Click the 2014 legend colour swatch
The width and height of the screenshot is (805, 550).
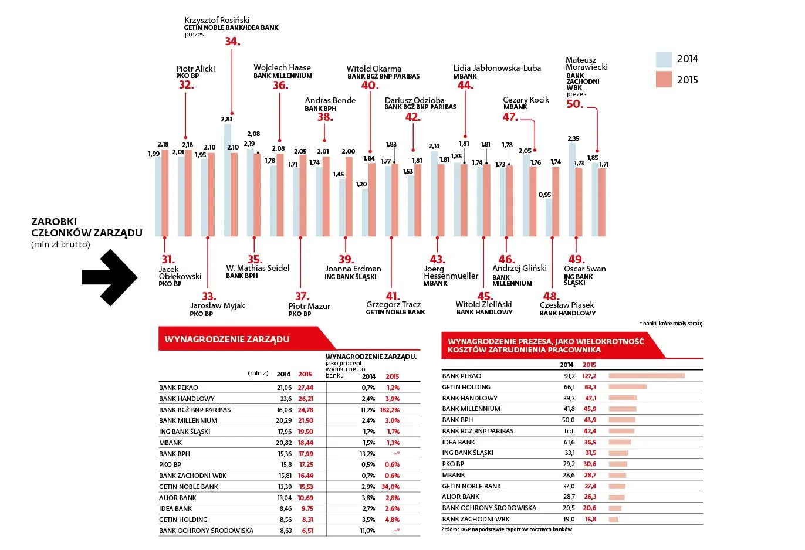(x=664, y=59)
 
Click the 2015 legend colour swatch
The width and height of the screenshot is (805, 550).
(x=664, y=80)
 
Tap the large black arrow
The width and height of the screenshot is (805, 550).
(x=110, y=277)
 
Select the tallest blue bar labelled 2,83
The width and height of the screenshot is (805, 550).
(x=227, y=180)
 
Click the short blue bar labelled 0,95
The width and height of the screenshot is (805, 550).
(x=549, y=218)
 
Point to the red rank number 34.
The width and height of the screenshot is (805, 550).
(x=232, y=42)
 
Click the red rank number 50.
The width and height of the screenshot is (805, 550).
(x=574, y=104)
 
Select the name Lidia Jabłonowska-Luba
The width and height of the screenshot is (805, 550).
(x=497, y=68)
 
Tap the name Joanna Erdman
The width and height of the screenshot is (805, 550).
(x=353, y=269)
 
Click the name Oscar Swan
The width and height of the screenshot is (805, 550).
(x=584, y=269)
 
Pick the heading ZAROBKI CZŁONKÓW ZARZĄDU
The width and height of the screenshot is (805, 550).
(x=86, y=228)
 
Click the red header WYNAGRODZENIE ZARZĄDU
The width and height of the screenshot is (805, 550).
(x=227, y=339)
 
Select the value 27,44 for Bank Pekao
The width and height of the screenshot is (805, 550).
(x=305, y=388)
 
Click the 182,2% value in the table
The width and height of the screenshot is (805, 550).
(x=390, y=410)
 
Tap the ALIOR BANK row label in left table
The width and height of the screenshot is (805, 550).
(x=178, y=498)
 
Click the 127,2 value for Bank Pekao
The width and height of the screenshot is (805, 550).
(x=589, y=376)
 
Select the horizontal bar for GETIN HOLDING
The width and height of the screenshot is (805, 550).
(x=627, y=387)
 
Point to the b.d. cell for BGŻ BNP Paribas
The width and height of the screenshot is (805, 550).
(x=569, y=431)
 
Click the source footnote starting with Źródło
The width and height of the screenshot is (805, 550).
(x=506, y=529)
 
